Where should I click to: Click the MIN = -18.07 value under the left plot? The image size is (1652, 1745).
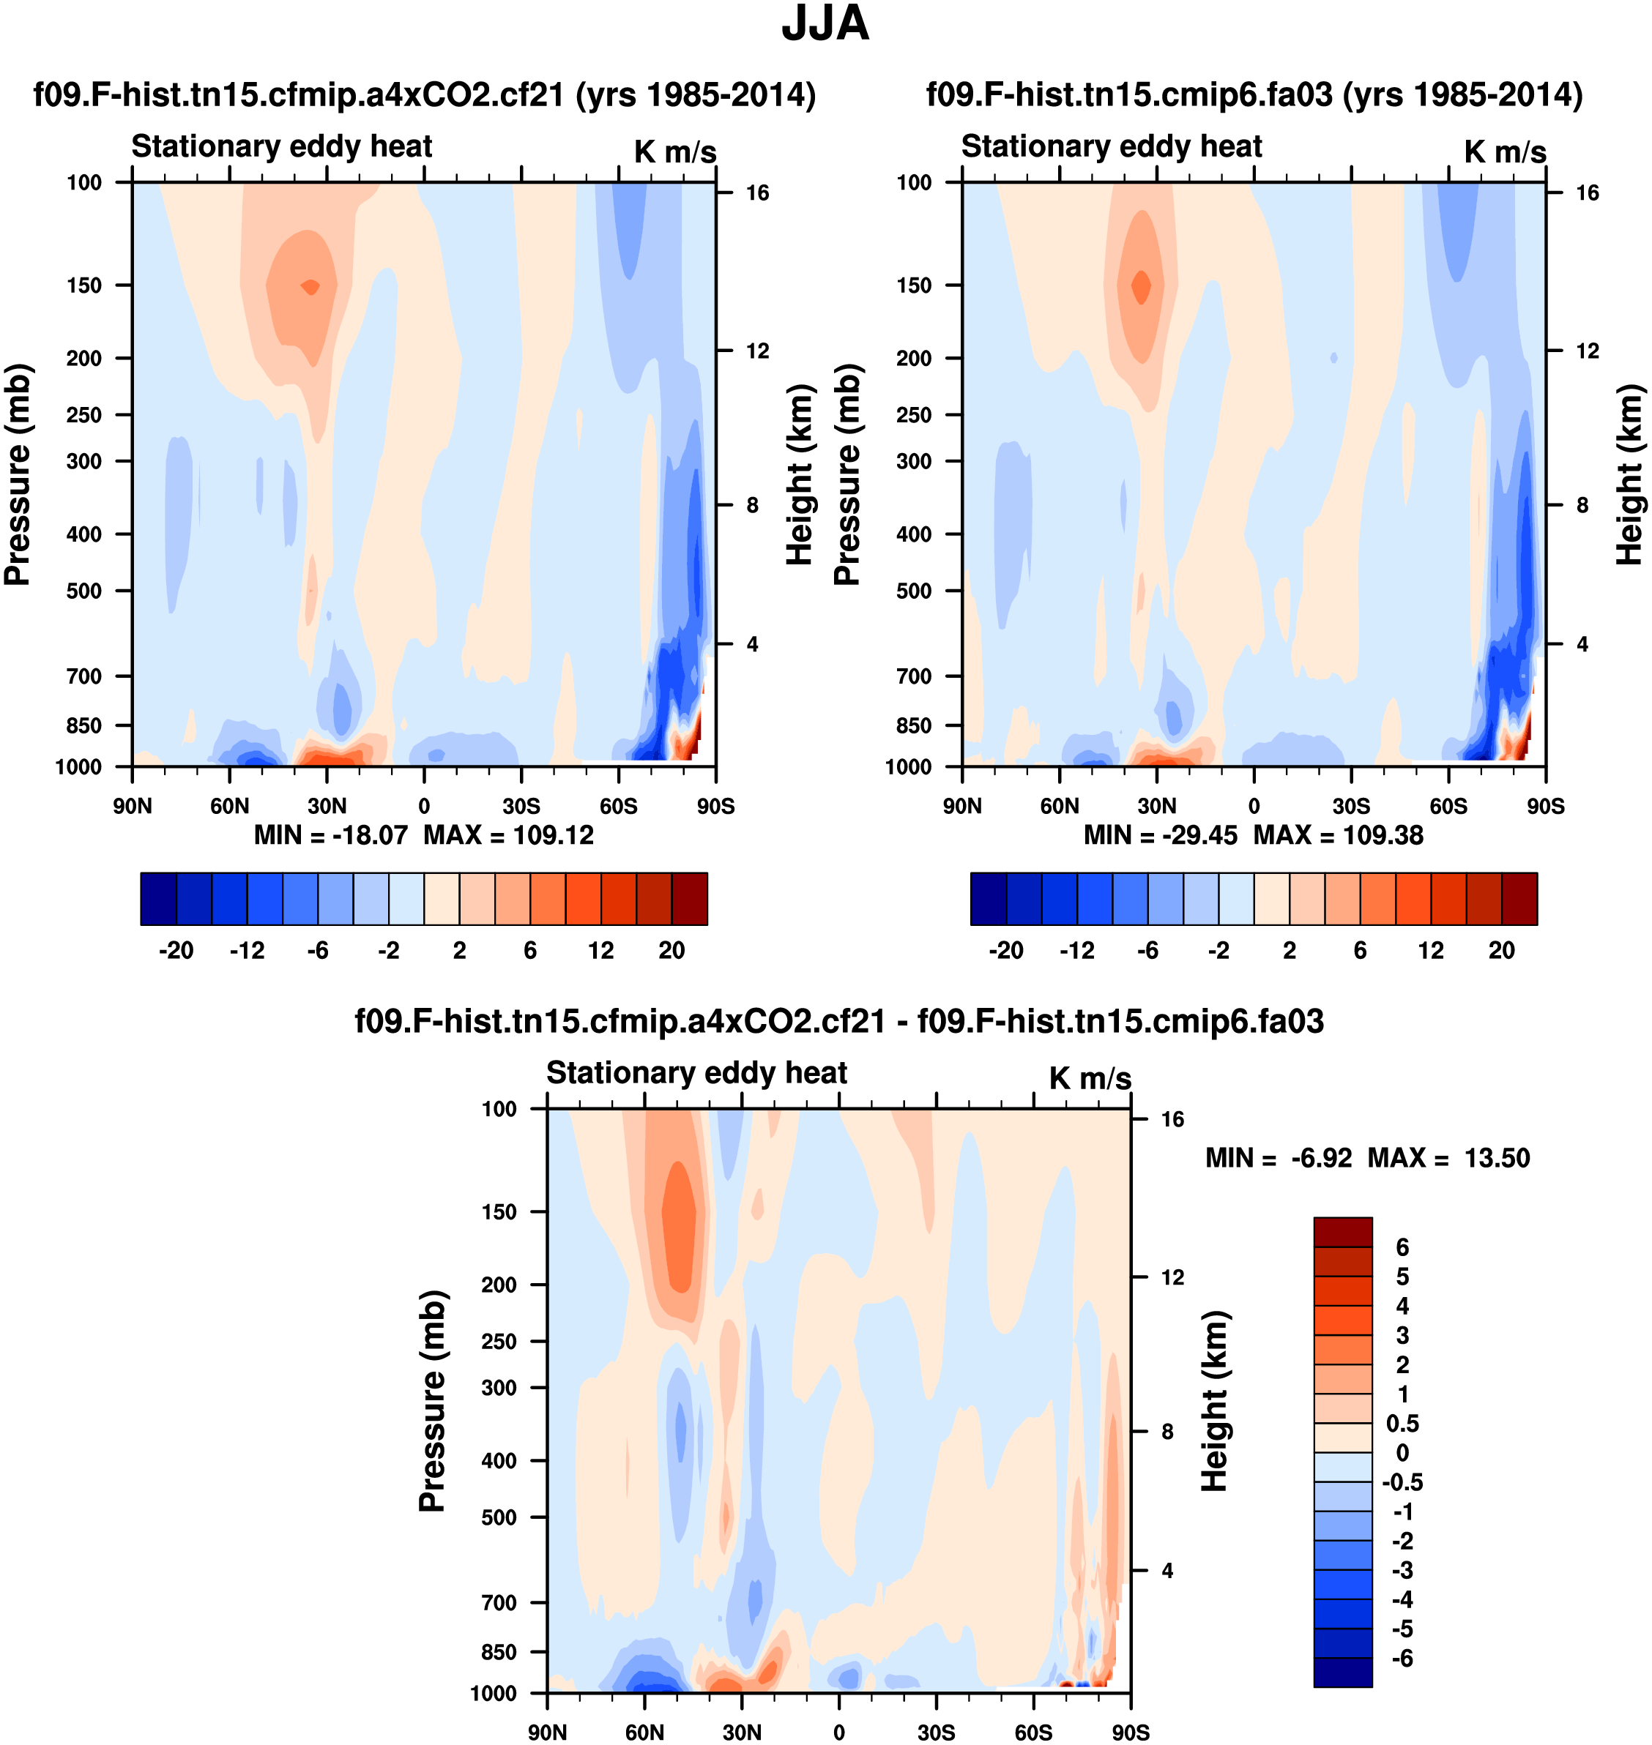[x=331, y=834]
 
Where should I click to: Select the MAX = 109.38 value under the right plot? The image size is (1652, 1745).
[x=1338, y=834]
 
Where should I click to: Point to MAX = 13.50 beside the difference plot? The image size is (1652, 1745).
[x=1448, y=1158]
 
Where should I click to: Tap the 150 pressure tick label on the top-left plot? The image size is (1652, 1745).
[x=83, y=285]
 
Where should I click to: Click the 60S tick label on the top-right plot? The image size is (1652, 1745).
[x=1448, y=806]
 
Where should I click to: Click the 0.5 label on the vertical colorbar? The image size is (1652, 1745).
[x=1402, y=1424]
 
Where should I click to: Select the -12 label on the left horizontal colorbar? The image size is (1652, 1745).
[x=247, y=950]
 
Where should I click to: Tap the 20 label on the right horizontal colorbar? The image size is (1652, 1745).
[x=1501, y=950]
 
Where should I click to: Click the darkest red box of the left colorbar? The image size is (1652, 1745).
[x=690, y=899]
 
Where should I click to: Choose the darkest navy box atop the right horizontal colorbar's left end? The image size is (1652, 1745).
[x=988, y=899]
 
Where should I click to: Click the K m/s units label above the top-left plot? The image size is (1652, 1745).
[x=674, y=152]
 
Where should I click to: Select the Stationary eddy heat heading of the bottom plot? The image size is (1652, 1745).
[x=696, y=1072]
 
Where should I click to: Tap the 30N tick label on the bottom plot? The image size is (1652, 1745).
[x=742, y=1733]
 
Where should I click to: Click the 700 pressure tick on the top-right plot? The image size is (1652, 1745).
[x=913, y=676]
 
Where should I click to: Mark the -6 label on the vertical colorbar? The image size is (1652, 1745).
[x=1401, y=1659]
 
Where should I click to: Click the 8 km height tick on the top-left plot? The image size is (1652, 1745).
[x=752, y=505]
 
